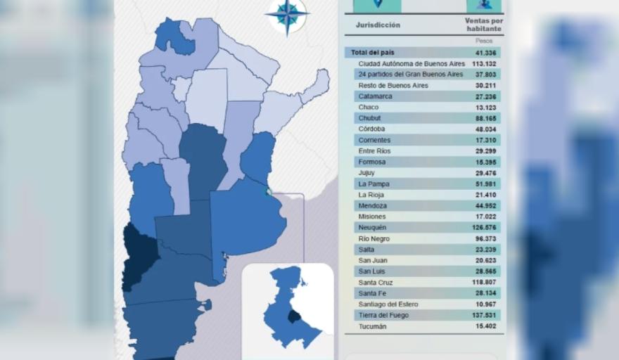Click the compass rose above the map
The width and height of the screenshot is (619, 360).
click(x=287, y=15)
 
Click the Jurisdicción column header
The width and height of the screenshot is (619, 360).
click(x=378, y=25)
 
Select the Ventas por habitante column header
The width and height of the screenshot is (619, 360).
click(x=484, y=25)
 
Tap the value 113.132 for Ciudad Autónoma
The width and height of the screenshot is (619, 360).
click(x=487, y=63)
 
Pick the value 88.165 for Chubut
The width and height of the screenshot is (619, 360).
click(x=491, y=118)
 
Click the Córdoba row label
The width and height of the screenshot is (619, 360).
click(x=371, y=129)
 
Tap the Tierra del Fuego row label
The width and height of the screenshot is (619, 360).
click(x=384, y=316)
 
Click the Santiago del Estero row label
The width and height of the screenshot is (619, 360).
click(x=388, y=304)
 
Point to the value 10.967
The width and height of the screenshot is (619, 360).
click(x=491, y=304)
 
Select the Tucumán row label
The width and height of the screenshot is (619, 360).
click(x=372, y=326)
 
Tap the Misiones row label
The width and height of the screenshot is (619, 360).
click(x=372, y=217)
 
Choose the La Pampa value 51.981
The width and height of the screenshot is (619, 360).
click(x=491, y=184)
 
